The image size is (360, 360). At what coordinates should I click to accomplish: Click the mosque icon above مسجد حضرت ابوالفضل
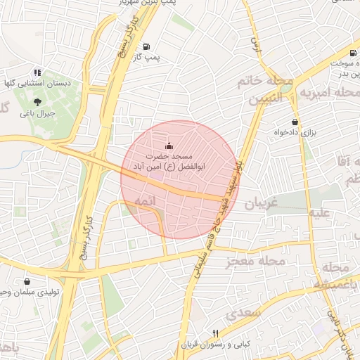pyautogui.click(x=167, y=146)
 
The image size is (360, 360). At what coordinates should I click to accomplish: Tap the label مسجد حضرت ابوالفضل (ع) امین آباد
pyautogui.click(x=173, y=161)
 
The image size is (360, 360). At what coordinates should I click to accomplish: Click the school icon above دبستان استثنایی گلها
pyautogui.click(x=37, y=72)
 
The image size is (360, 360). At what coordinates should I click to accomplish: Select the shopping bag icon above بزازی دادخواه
pyautogui.click(x=294, y=122)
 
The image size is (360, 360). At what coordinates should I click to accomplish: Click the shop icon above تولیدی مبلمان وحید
pyautogui.click(x=27, y=281)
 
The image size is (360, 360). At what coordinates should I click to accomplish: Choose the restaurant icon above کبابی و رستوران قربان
pyautogui.click(x=216, y=333)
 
